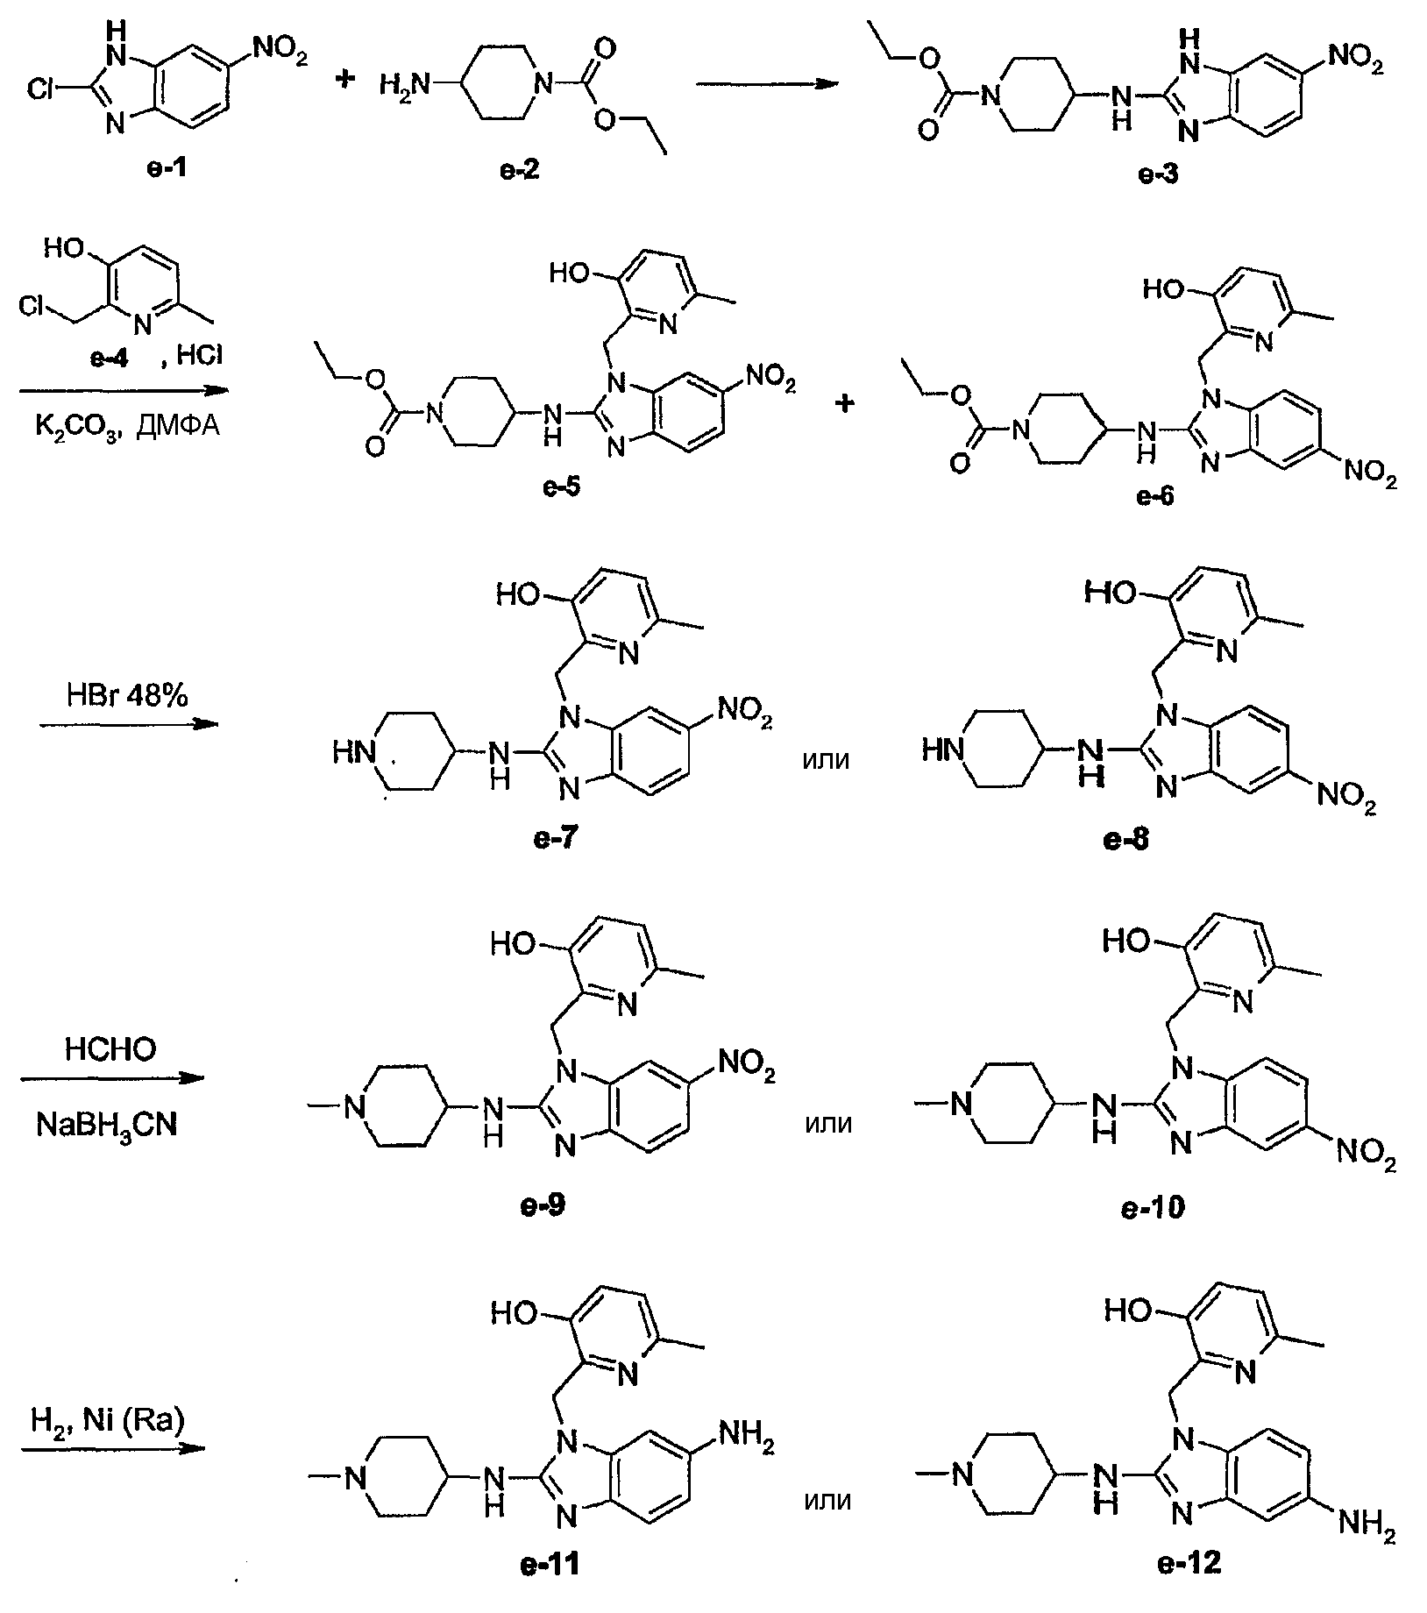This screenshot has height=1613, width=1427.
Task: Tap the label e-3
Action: [1158, 172]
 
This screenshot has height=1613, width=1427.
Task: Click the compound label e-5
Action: [560, 487]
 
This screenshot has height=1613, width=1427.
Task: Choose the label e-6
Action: [1156, 496]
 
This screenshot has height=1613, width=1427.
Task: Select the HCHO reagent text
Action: [110, 1049]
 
